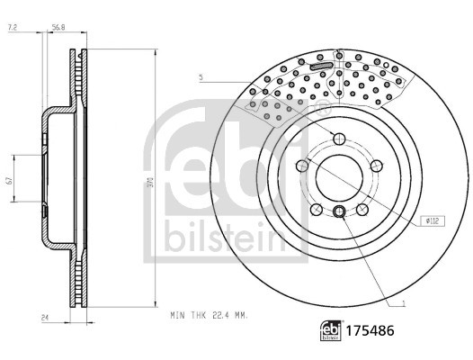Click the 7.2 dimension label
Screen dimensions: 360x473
[12, 29]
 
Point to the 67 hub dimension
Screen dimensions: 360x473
[9, 181]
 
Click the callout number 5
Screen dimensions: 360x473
[203, 80]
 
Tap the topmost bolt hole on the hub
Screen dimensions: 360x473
[338, 138]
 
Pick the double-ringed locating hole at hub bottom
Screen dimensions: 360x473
[338, 211]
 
